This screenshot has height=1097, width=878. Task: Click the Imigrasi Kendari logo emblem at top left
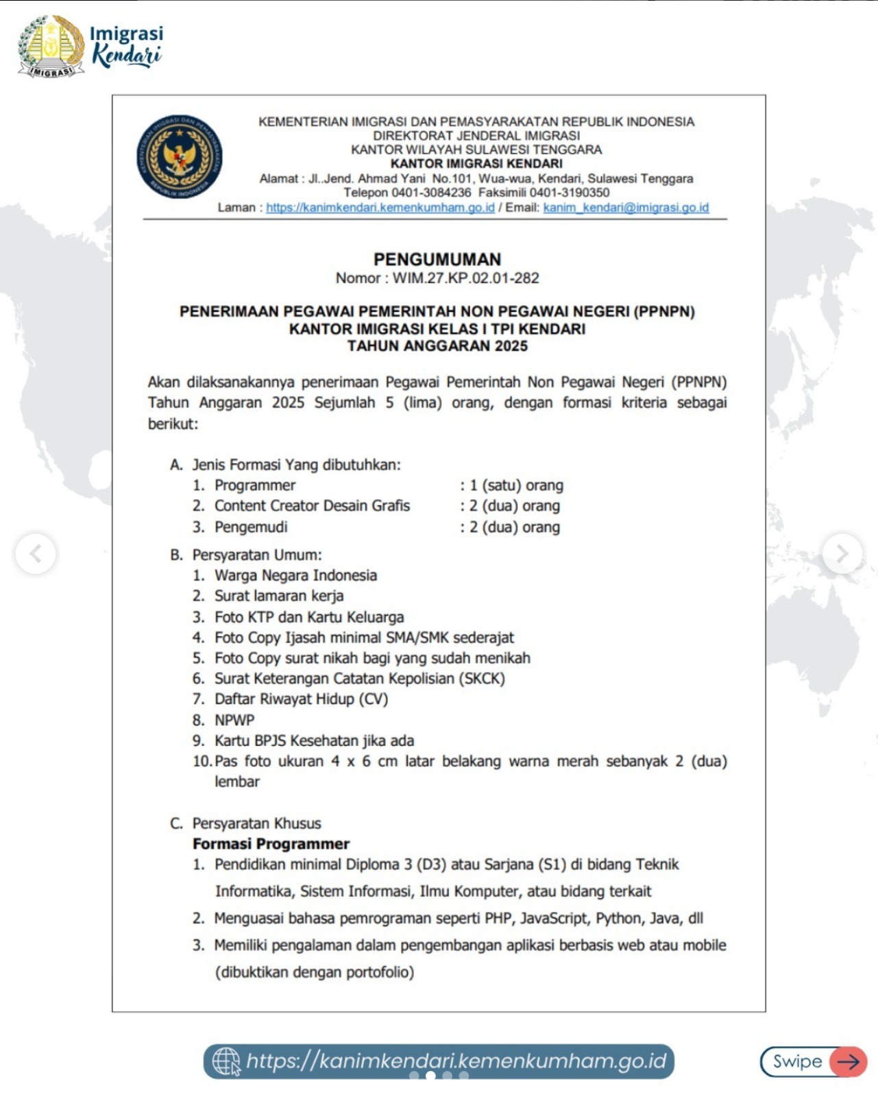[51, 46]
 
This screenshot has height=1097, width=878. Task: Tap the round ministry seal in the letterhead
[179, 157]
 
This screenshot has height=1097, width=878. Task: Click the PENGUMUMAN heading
[437, 259]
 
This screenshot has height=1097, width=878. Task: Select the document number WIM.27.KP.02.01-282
[465, 278]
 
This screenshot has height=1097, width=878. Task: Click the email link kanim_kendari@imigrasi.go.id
[626, 208]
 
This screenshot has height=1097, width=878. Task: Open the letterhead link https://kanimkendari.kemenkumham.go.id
[380, 208]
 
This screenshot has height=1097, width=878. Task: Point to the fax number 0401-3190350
[569, 193]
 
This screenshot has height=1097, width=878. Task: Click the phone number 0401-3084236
[431, 193]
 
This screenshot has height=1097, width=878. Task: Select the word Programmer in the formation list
[255, 485]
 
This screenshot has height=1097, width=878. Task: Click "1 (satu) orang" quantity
[516, 485]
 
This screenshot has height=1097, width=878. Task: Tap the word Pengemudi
[251, 527]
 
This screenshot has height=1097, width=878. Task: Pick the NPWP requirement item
[234, 720]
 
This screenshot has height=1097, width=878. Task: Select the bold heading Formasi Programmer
[271, 844]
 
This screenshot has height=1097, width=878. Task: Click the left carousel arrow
[36, 553]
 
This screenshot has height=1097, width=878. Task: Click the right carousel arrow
[842, 553]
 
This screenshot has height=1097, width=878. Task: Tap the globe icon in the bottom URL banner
[226, 1061]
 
